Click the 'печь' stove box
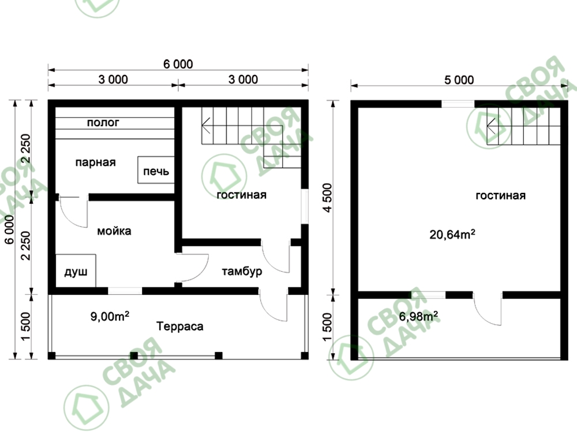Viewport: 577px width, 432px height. point(156,170)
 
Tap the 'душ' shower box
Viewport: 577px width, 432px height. point(76,271)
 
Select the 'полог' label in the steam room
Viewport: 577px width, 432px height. point(103,122)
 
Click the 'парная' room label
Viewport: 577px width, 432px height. point(95,162)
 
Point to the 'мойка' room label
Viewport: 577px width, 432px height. point(114,231)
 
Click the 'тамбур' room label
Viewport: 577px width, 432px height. point(242,271)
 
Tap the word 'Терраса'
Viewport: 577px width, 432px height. point(180,326)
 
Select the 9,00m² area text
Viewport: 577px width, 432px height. point(110,316)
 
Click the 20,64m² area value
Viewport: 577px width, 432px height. point(452,234)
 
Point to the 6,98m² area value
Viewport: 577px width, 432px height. point(418,316)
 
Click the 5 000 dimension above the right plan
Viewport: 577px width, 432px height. point(459,80)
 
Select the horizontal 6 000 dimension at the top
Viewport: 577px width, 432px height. point(178,65)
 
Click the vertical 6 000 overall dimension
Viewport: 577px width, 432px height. point(10,229)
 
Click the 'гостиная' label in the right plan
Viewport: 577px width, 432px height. point(500,195)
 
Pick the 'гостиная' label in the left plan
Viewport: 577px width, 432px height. point(241,195)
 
